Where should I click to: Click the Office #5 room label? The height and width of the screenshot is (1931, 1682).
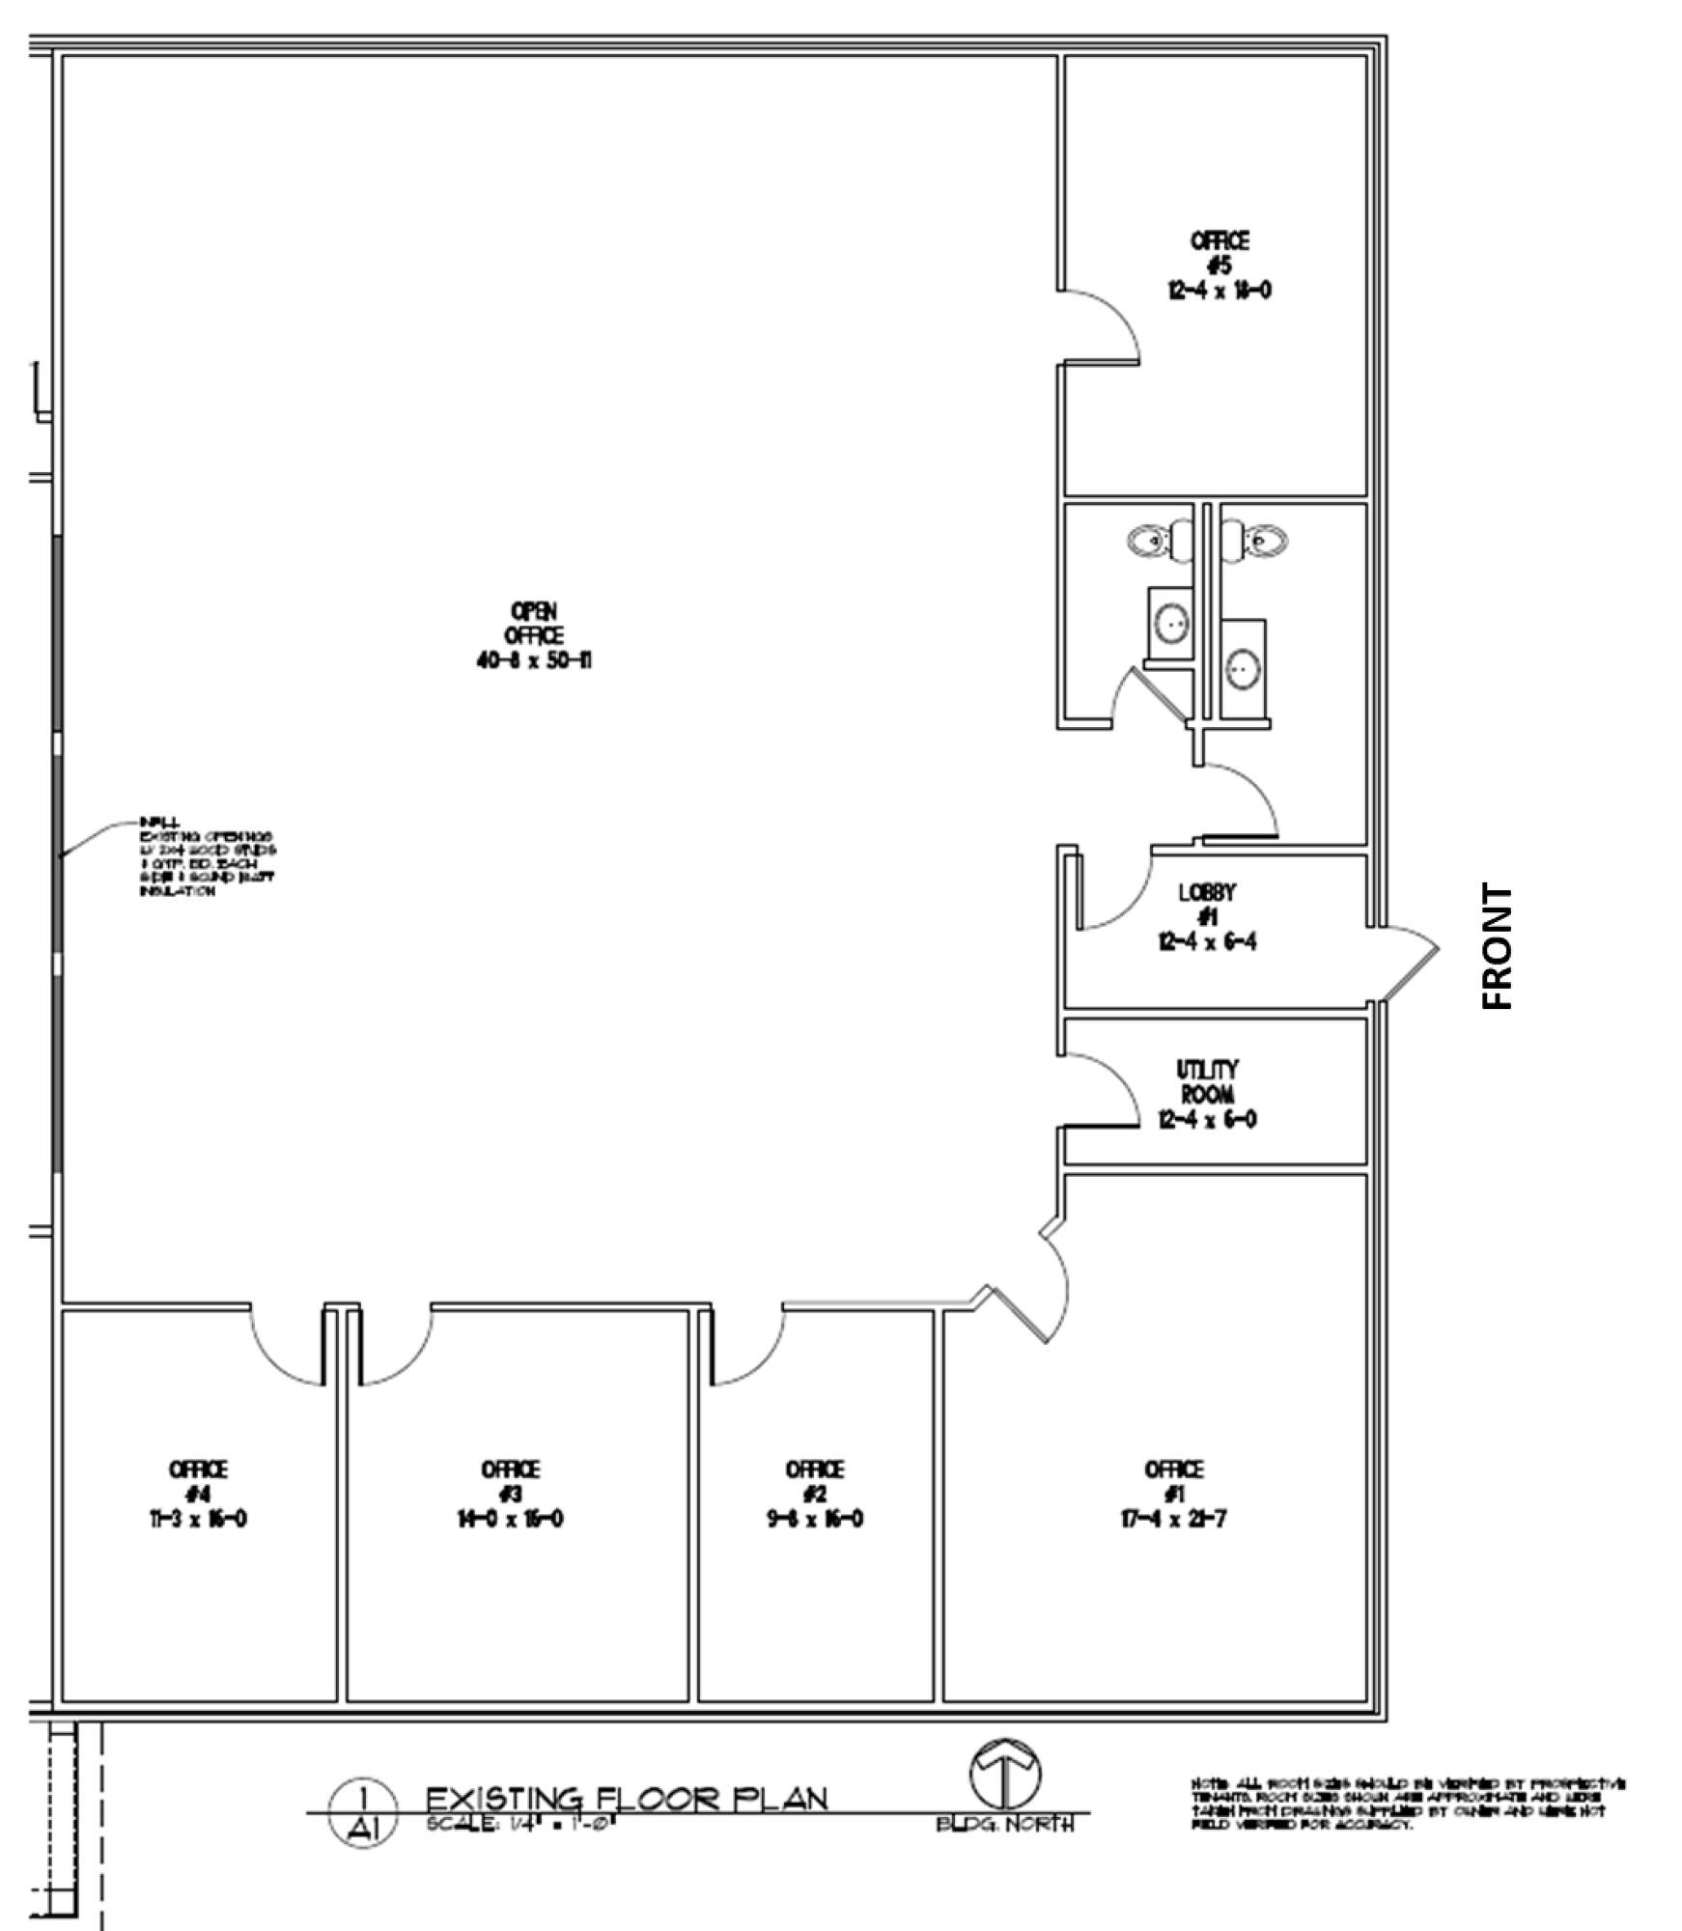(x=1219, y=265)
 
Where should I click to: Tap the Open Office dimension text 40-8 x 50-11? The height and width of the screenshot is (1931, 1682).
(x=534, y=661)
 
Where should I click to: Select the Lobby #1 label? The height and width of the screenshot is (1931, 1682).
(x=1207, y=916)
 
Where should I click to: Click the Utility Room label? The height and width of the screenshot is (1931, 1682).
(x=1207, y=1094)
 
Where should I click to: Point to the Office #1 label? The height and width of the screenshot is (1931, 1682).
(x=1173, y=1494)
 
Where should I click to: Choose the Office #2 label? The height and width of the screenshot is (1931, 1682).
(x=814, y=1494)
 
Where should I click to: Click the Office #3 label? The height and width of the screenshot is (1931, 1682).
(x=510, y=1494)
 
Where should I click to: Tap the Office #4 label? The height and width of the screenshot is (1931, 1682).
(x=198, y=1494)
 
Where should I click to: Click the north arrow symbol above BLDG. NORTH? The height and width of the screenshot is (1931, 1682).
(x=1006, y=1775)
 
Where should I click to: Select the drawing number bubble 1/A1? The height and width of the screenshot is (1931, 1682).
(x=362, y=1813)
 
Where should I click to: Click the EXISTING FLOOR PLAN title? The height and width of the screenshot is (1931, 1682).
(x=627, y=1799)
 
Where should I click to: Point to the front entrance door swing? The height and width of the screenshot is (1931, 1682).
(x=1407, y=960)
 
